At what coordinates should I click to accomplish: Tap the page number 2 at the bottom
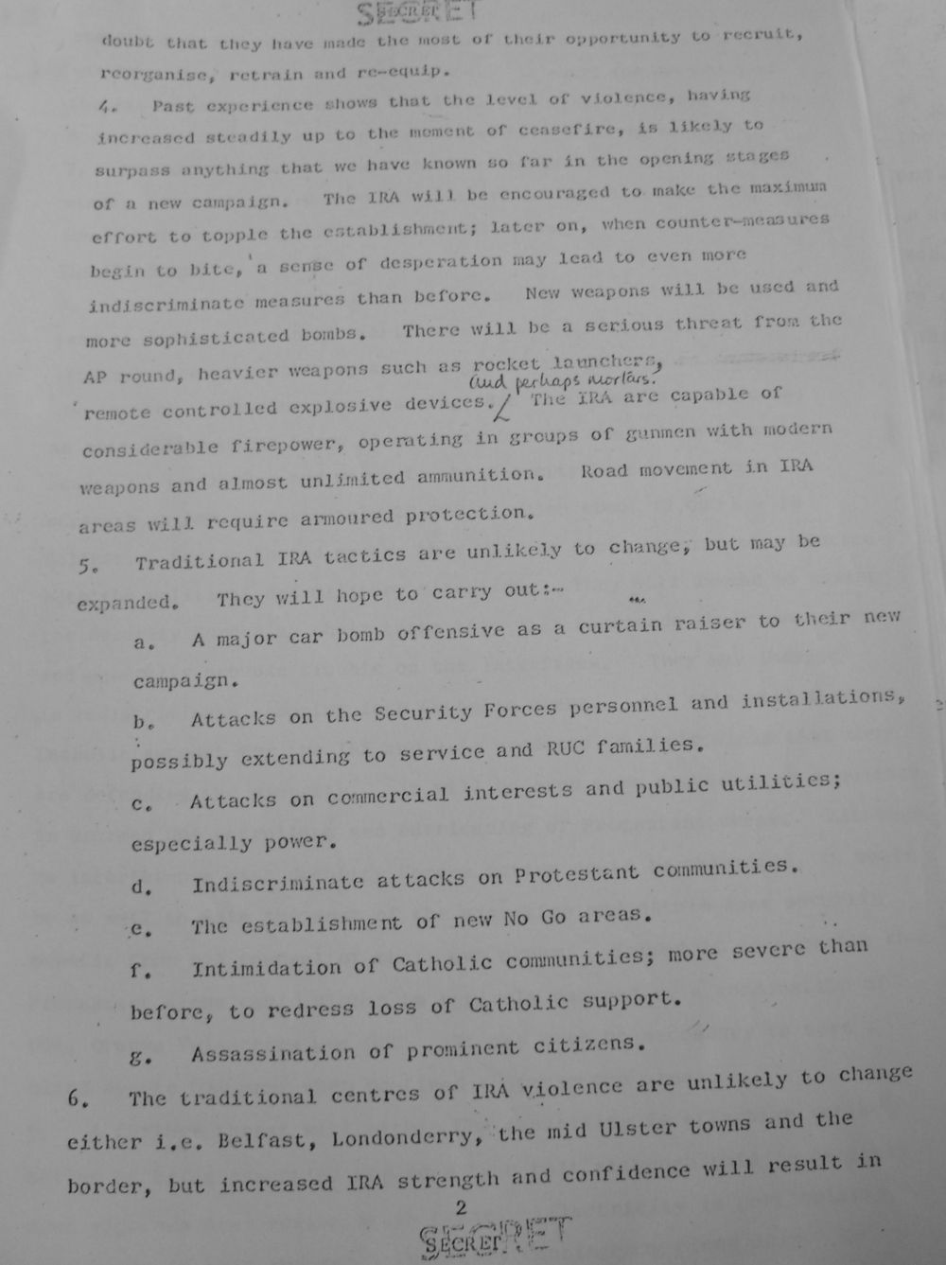coord(461,1207)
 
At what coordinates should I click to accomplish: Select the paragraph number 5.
coord(86,567)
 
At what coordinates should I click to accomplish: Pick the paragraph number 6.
coord(78,1100)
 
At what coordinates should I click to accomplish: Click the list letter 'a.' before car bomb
coord(144,642)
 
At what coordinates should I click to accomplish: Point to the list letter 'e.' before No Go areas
coord(142,928)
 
